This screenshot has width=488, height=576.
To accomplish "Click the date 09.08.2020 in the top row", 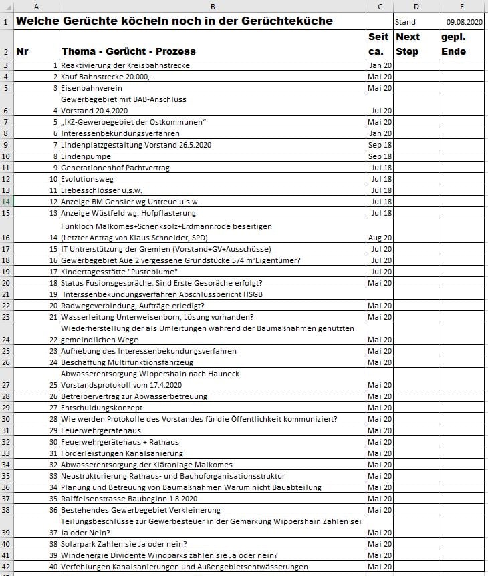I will [464, 22].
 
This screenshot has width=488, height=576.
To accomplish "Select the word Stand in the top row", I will [405, 22].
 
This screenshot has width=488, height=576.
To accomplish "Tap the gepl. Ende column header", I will [453, 44].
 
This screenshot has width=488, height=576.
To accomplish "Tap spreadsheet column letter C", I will [380, 7].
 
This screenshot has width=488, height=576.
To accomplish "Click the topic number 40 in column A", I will [53, 567].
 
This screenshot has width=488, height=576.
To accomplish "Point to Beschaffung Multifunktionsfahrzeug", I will [128, 362].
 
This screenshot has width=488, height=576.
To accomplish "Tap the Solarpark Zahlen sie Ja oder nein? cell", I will [124, 544].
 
